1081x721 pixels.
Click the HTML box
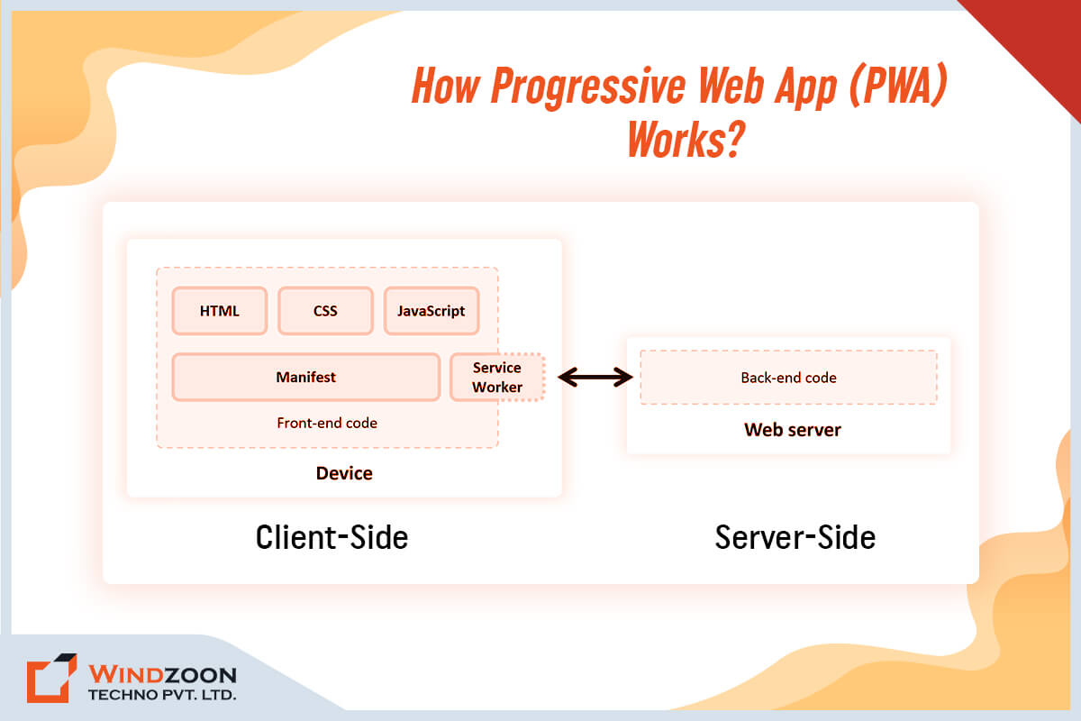coord(219,311)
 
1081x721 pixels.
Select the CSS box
coord(325,311)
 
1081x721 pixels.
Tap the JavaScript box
coord(431,311)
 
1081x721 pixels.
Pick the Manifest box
coord(305,377)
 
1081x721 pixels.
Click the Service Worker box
coord(497,377)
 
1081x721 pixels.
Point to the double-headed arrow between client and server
coord(595,377)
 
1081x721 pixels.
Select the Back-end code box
coord(788,378)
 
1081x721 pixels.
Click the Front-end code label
coord(327,423)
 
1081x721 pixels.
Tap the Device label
coord(344,473)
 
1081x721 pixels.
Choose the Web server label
coord(792,430)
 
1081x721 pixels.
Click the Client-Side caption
coord(332,537)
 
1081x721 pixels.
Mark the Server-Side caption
coord(795,537)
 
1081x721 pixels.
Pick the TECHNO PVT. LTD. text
coord(162,696)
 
